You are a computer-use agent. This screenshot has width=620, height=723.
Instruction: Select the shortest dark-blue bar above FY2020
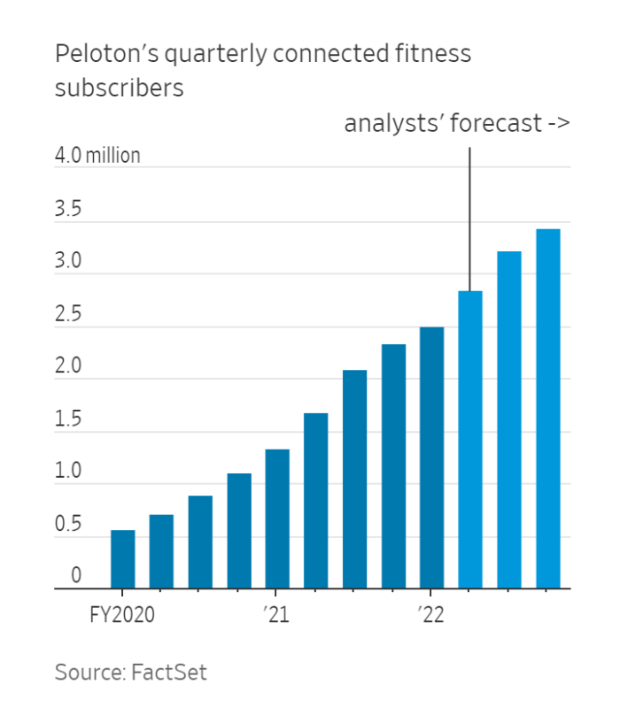pyautogui.click(x=122, y=559)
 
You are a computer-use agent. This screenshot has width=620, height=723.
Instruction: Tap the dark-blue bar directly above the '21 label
pyautogui.click(x=277, y=519)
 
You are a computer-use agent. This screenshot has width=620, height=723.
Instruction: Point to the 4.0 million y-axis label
pyautogui.click(x=97, y=156)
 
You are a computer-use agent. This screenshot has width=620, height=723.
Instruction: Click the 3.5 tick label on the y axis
pyautogui.click(x=68, y=211)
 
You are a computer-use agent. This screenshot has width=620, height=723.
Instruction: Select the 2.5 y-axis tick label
pyautogui.click(x=68, y=315)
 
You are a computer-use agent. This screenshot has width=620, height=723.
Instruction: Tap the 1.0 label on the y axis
pyautogui.click(x=68, y=472)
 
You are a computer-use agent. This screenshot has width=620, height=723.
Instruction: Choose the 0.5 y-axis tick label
pyautogui.click(x=68, y=524)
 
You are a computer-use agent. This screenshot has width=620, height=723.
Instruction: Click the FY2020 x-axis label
pyautogui.click(x=122, y=614)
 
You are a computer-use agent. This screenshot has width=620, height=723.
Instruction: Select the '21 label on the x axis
pyautogui.click(x=277, y=614)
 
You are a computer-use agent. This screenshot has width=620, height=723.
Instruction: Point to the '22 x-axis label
pyautogui.click(x=431, y=614)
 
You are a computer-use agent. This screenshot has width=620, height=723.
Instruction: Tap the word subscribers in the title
pyautogui.click(x=119, y=88)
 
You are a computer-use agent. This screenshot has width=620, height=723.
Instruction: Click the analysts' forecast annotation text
pyautogui.click(x=456, y=123)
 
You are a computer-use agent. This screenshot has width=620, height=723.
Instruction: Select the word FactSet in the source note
pyautogui.click(x=168, y=672)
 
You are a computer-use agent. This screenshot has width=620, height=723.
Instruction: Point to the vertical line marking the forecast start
pyautogui.click(x=469, y=212)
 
